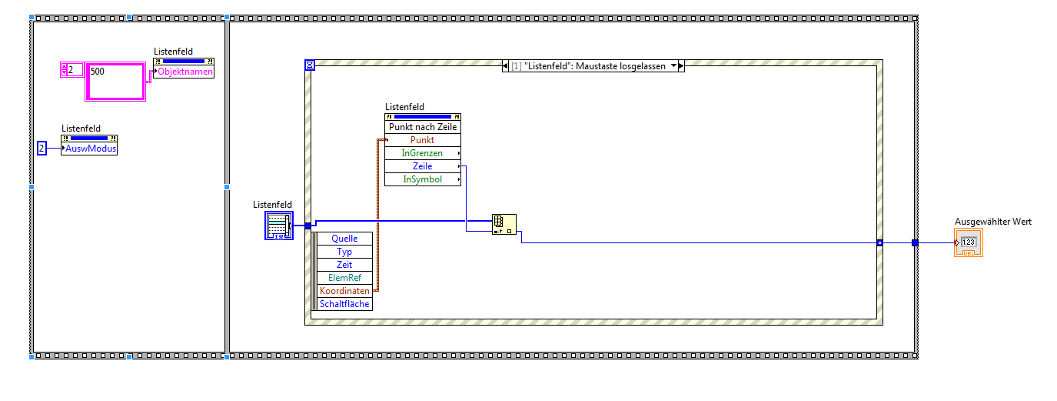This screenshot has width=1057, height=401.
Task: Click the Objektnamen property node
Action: pyautogui.click(x=184, y=72)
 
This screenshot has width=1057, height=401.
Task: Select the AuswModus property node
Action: pyautogui.click(x=89, y=149)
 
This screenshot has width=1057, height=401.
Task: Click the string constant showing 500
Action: pyautogui.click(x=115, y=81)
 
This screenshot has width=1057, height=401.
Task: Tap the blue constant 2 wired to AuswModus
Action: pyautogui.click(x=42, y=149)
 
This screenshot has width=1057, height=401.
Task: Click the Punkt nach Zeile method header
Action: pyautogui.click(x=423, y=127)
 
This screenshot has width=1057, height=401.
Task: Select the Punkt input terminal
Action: pyautogui.click(x=423, y=140)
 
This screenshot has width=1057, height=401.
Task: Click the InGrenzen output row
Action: pyautogui.click(x=423, y=153)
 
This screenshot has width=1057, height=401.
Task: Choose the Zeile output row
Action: pyautogui.click(x=423, y=166)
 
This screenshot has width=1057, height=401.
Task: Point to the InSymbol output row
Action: pyautogui.click(x=423, y=179)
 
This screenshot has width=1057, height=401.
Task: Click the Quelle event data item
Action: pyautogui.click(x=344, y=239)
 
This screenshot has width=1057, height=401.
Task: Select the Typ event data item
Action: pyautogui.click(x=344, y=252)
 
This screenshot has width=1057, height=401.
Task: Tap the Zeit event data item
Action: pyautogui.click(x=344, y=265)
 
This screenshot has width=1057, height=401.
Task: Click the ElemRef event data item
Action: pyautogui.click(x=344, y=278)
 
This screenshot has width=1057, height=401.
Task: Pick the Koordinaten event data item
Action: pyautogui.click(x=344, y=291)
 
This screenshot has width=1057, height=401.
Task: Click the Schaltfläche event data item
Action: pyautogui.click(x=344, y=304)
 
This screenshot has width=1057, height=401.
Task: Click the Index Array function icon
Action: pyautogui.click(x=504, y=224)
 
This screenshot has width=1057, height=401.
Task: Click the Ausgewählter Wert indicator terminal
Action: pyautogui.click(x=969, y=242)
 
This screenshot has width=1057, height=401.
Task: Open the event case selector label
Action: pyautogui.click(x=593, y=66)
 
